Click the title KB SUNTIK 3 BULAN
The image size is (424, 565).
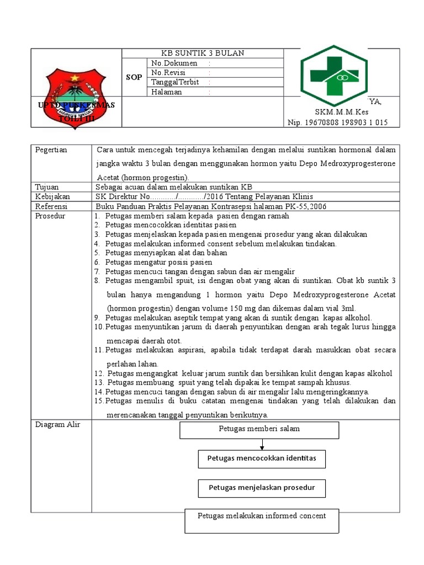[x=202, y=53]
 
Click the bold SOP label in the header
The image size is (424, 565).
[x=134, y=77]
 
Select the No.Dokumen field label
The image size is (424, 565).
[x=174, y=63]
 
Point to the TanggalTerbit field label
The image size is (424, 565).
[x=174, y=82]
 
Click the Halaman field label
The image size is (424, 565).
[x=166, y=92]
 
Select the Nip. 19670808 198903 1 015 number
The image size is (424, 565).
[x=337, y=122]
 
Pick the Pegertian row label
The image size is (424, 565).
[x=51, y=150]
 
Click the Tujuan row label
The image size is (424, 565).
[x=47, y=187]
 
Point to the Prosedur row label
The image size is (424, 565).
[x=50, y=216]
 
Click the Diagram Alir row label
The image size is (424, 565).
[x=54, y=424]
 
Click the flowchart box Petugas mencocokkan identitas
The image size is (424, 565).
[x=262, y=459]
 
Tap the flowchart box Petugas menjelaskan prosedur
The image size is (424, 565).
[x=262, y=488]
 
